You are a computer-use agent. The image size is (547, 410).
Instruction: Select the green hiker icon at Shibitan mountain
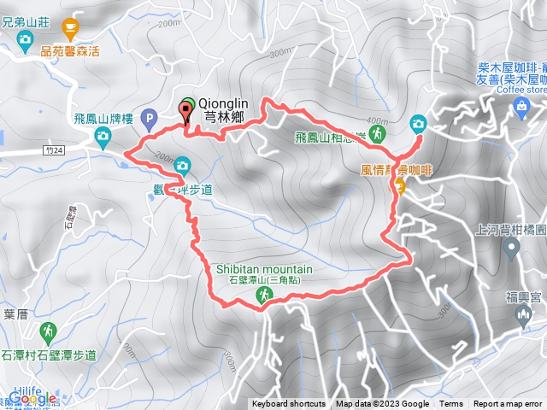pyautogui.click(x=264, y=296)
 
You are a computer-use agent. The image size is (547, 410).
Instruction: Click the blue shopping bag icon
pyautogui.click(x=521, y=105)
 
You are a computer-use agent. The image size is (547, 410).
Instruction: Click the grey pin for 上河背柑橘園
pyautogui.click(x=511, y=249)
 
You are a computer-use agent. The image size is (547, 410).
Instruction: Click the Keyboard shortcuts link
pyautogui.click(x=288, y=404)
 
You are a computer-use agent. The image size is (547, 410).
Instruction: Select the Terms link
pyautogui.click(x=451, y=404)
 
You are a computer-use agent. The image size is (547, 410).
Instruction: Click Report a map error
pyautogui.click(x=508, y=404)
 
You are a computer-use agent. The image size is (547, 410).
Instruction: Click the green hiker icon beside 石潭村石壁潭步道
pyautogui.click(x=50, y=331)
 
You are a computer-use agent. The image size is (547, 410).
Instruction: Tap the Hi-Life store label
pyautogui.click(x=25, y=389)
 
